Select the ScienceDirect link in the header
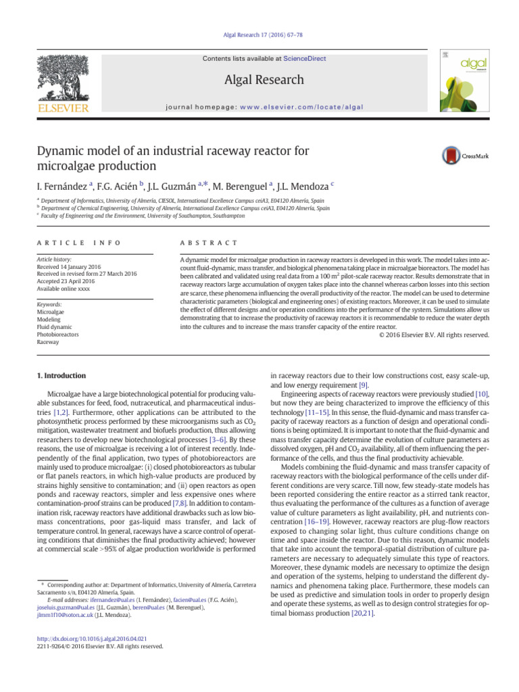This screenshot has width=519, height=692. [x=304, y=59]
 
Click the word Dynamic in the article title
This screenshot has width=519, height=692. [x=60, y=150]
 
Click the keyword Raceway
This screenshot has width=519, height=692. [x=49, y=342]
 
